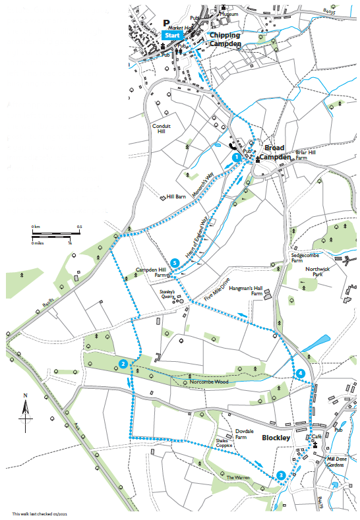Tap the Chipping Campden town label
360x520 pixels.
point(225,39)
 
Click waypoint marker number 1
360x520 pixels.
point(236,158)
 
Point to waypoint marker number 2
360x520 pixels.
point(123,364)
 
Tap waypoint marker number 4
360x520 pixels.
point(301,374)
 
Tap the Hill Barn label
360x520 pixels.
point(176,196)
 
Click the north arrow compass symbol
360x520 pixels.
point(26,412)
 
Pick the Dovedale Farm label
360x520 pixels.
point(245,433)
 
